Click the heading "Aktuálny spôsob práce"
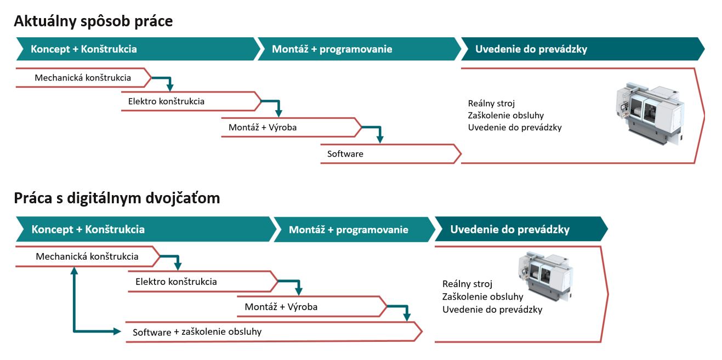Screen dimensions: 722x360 click(x=93, y=21)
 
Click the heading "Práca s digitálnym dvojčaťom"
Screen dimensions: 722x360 click(x=117, y=198)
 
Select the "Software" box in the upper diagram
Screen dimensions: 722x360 click(x=391, y=154)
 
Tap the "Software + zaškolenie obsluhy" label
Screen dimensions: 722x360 click(x=197, y=332)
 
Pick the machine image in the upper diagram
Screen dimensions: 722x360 click(x=650, y=113)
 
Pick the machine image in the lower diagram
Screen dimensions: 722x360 click(x=545, y=277)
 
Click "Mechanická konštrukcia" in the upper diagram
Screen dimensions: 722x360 click(x=83, y=78)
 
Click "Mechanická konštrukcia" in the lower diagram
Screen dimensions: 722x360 click(x=87, y=256)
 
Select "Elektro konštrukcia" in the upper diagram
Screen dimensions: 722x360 click(x=166, y=101)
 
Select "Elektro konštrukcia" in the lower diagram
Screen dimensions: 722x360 click(x=176, y=282)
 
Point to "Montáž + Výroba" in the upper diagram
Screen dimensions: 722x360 click(x=263, y=127)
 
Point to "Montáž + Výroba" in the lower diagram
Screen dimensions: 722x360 click(x=281, y=306)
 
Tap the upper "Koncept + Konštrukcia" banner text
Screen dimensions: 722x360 click(x=84, y=49)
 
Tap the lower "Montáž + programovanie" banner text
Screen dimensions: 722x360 click(x=349, y=230)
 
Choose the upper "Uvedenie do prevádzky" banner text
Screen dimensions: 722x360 click(x=531, y=49)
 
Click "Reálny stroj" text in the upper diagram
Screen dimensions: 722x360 click(x=491, y=104)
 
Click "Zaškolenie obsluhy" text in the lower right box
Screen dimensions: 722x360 click(x=482, y=296)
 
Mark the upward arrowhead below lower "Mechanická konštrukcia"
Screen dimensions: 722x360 click(x=75, y=270)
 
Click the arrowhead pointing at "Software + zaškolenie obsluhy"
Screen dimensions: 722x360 click(x=117, y=331)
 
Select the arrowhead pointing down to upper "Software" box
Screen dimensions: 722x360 click(x=380, y=139)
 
